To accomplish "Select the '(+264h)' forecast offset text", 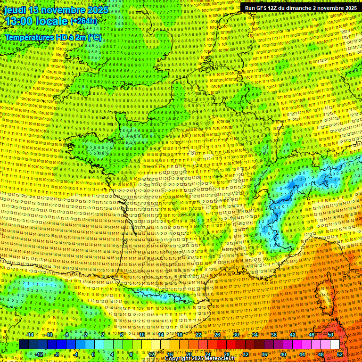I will click(83, 21).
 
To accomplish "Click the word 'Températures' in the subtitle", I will click(29, 37).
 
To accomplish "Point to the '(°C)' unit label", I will click(94, 37).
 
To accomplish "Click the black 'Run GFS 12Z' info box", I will click(300, 8).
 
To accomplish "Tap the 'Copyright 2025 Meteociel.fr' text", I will click(200, 359).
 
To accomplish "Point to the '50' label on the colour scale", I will click(330, 335).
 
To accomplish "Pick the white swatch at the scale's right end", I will click(335, 345).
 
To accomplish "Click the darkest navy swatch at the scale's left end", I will click(24, 345).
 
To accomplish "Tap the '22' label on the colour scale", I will click(198, 335).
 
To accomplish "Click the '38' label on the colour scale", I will click(274, 335).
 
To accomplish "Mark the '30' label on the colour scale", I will click(236, 335).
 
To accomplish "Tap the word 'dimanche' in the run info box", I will click(310, 8).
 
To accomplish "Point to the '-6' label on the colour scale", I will click(67, 335).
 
